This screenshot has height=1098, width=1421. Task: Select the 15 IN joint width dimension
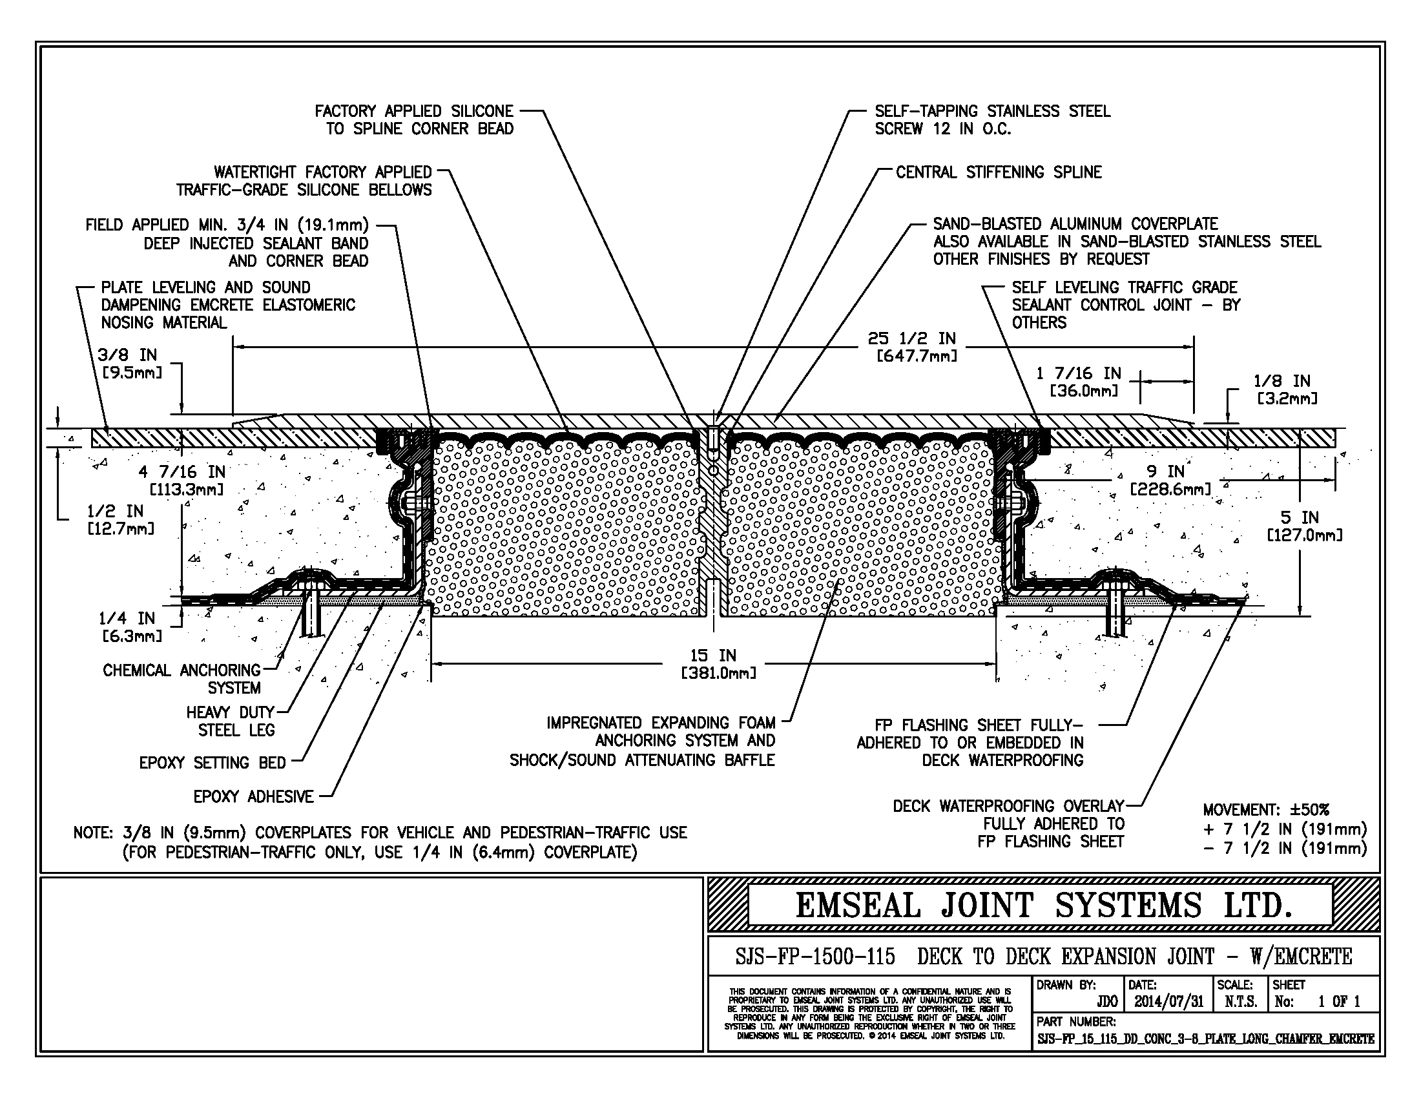(713, 664)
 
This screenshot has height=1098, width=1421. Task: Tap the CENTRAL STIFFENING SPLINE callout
(999, 172)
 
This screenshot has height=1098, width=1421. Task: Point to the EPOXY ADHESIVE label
(253, 796)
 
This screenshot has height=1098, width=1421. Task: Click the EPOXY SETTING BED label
(212, 762)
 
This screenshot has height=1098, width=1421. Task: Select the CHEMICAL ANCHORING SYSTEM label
(182, 679)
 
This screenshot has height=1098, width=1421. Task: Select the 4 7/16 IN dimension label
(182, 481)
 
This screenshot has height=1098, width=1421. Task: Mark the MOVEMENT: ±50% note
(1265, 810)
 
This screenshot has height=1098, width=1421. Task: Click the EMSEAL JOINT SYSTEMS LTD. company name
(1043, 906)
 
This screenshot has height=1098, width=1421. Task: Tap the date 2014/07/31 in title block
(1168, 1002)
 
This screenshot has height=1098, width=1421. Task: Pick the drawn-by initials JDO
(1106, 1002)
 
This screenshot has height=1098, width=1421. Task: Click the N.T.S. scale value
(1240, 1002)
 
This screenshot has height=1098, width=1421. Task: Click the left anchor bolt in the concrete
(313, 612)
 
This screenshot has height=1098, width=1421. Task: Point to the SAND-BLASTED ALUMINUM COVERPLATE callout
(1075, 224)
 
